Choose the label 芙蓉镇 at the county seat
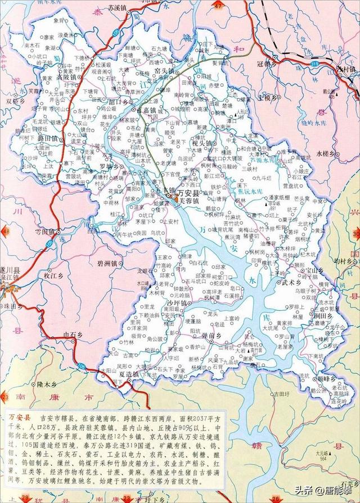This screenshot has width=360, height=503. pyautogui.click(x=189, y=200)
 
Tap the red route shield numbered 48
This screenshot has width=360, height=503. pyautogui.click(x=6, y=232)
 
